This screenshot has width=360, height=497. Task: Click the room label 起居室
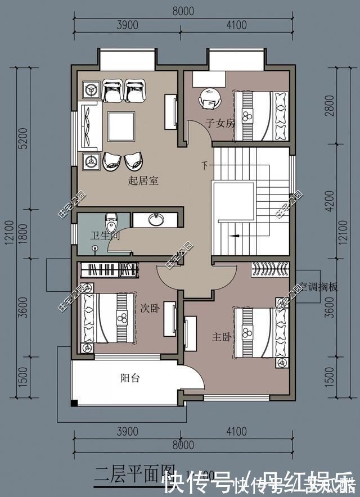pos(143,181)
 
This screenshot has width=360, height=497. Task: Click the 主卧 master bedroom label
pos(220,337)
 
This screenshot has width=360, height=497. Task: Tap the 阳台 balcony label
pos(130,378)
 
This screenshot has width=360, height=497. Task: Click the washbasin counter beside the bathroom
pos(155,219)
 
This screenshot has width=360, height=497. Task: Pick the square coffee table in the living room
pos(121,127)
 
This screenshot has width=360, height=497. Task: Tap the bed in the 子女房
pos(261,116)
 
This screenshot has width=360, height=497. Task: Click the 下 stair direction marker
pos(205,165)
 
